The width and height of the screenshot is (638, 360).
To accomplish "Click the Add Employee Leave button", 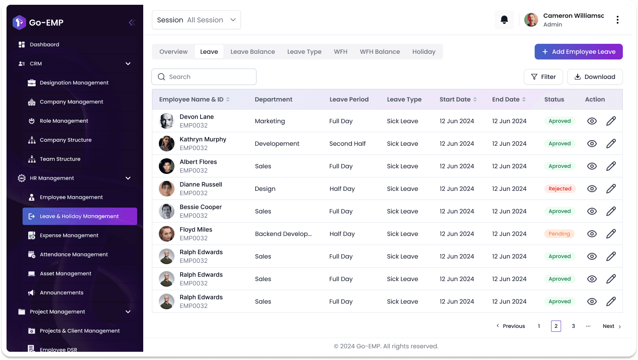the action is [x=579, y=52].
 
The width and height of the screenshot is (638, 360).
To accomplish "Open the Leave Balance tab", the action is [x=253, y=52].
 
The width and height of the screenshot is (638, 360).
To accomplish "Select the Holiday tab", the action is [x=424, y=52].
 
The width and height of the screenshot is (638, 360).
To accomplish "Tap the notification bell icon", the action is [x=504, y=20].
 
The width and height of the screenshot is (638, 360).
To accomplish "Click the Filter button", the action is [x=543, y=77].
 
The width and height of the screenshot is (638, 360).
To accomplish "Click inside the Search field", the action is [x=204, y=77].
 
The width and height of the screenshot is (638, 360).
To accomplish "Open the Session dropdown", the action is [x=196, y=20].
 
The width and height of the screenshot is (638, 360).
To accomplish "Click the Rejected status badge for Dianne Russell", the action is [x=560, y=189].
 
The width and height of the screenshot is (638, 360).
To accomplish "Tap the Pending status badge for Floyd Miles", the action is [x=559, y=234].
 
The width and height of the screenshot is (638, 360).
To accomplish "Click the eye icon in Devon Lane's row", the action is [x=592, y=121].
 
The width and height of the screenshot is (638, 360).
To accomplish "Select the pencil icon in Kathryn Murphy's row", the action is [x=611, y=144].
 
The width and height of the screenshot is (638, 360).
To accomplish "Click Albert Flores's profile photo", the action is [x=167, y=166].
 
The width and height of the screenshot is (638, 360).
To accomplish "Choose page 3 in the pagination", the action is [x=573, y=326].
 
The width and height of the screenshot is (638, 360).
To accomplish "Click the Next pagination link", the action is [x=612, y=326].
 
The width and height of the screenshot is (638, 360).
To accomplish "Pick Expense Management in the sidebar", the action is [x=69, y=236].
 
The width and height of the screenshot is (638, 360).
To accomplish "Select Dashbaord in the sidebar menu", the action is [x=44, y=44].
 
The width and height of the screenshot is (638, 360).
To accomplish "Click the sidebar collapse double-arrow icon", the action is [x=132, y=23].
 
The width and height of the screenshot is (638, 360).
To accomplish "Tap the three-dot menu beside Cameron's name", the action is [x=618, y=20].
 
